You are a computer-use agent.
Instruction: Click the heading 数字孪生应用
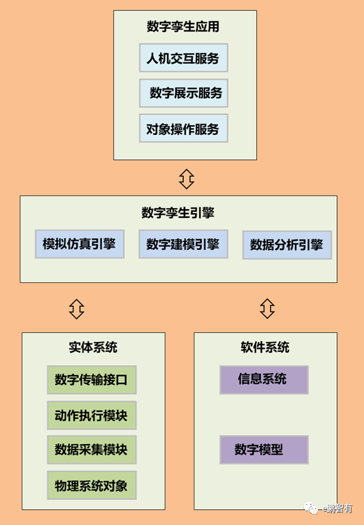click(183, 27)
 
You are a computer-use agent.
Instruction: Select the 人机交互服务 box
click(183, 58)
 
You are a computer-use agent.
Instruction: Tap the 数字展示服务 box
click(183, 93)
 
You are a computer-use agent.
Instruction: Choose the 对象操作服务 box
click(183, 128)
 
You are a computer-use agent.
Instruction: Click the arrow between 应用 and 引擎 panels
click(187, 178)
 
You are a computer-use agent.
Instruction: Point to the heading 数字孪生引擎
click(178, 213)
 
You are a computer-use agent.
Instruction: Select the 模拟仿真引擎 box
click(80, 245)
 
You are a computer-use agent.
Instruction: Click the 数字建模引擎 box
click(183, 245)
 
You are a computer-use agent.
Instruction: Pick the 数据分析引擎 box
click(287, 245)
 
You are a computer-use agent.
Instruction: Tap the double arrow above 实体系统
click(77, 307)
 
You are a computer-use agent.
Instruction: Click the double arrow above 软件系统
click(267, 307)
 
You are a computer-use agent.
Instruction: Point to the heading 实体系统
click(93, 347)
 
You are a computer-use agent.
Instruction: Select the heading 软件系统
click(265, 347)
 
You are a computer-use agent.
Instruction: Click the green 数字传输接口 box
click(91, 380)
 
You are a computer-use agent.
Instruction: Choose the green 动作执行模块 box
click(91, 415)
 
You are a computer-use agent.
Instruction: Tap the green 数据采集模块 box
click(91, 450)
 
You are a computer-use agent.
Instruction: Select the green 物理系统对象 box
click(91, 486)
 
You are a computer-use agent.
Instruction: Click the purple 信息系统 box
click(263, 380)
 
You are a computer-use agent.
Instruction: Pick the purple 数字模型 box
click(263, 450)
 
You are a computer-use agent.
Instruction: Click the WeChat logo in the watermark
click(310, 507)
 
